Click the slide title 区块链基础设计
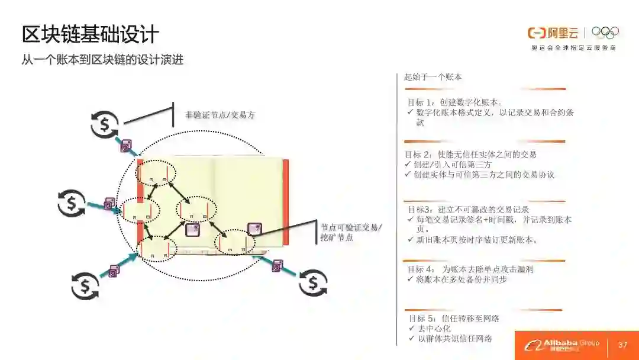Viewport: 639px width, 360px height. click(x=90, y=34)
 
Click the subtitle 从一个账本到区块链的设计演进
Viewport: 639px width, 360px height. click(x=102, y=60)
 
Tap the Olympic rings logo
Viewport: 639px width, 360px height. click(x=605, y=33)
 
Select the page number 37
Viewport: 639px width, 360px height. click(x=622, y=345)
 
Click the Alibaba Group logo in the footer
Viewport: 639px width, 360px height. click(x=562, y=345)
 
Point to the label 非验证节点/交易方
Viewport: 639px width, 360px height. click(x=220, y=115)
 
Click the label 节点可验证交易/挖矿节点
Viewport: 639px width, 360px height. click(x=352, y=232)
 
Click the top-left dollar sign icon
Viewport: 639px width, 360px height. click(x=105, y=123)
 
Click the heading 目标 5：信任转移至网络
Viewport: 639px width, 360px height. click(x=454, y=319)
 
